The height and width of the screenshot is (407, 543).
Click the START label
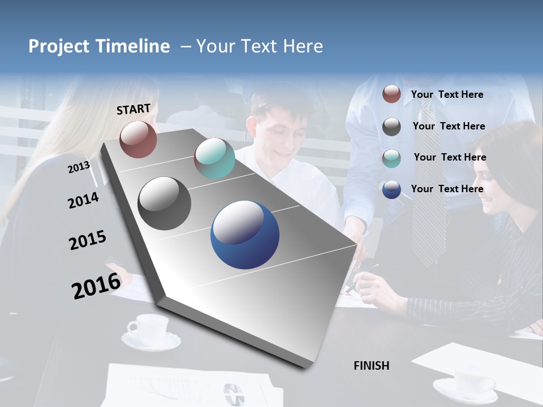[x=133, y=109]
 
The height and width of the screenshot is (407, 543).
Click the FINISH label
[x=372, y=366]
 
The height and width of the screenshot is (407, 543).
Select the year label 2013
[x=79, y=167]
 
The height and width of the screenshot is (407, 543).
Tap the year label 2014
[x=83, y=201]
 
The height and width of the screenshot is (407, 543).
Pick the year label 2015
[x=88, y=240]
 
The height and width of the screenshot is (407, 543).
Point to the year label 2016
[x=96, y=285]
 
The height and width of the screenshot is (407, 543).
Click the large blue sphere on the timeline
[x=245, y=235]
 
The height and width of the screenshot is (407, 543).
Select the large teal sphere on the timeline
[x=214, y=158]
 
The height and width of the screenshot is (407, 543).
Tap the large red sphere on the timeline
[x=138, y=139]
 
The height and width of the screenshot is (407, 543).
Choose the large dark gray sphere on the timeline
[x=165, y=203]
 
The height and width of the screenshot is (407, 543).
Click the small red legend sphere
[x=391, y=94]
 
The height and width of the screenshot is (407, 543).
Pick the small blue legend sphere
[x=391, y=189]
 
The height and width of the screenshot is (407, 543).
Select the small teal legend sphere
[x=391, y=158]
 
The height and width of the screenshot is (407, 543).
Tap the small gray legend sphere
[x=391, y=127]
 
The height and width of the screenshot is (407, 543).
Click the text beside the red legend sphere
[x=447, y=94]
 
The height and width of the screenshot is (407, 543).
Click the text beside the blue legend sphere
[x=447, y=189]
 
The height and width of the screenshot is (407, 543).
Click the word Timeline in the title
[x=133, y=46]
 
